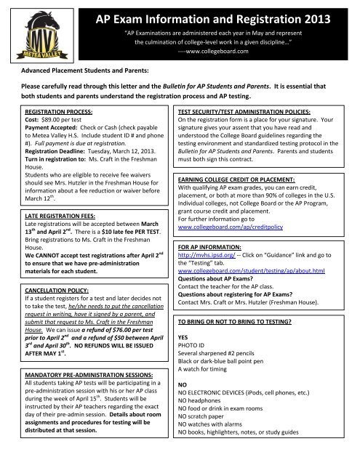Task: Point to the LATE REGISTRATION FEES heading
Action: [50, 226]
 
